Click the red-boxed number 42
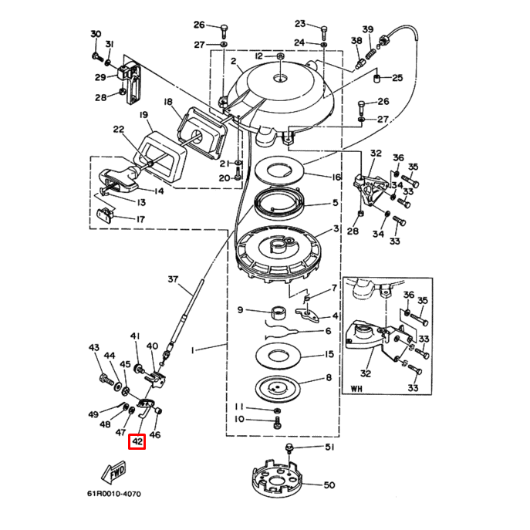(x=137, y=442)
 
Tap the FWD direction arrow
(x=114, y=471)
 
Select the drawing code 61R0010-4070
(x=114, y=494)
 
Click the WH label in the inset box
(x=356, y=388)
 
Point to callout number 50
(x=329, y=485)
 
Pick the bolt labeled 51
(x=289, y=447)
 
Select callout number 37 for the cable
(x=173, y=279)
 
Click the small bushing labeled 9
(x=279, y=312)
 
